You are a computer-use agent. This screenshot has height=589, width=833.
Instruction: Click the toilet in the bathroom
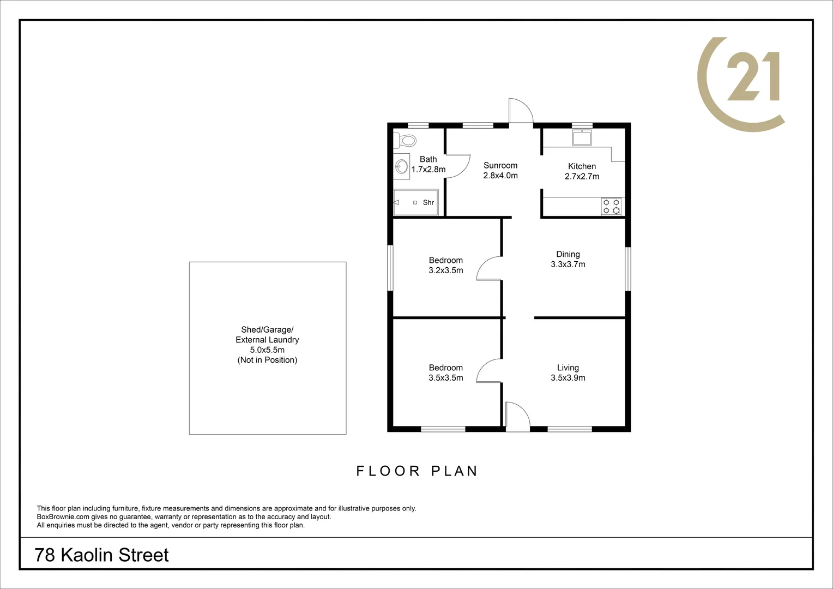pyautogui.click(x=405, y=140)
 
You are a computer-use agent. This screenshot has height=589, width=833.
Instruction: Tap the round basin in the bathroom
pyautogui.click(x=402, y=166)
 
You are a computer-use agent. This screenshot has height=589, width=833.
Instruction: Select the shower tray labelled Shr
pyautogui.click(x=415, y=202)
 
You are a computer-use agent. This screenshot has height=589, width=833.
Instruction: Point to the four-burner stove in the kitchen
pyautogui.click(x=611, y=206)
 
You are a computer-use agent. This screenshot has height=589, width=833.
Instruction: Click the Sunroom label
pyautogui.click(x=500, y=165)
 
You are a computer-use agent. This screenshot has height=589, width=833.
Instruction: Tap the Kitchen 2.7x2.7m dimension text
pyautogui.click(x=582, y=177)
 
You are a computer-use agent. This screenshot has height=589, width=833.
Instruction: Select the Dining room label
pyautogui.click(x=568, y=254)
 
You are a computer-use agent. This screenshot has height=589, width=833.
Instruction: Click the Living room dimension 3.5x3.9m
pyautogui.click(x=568, y=378)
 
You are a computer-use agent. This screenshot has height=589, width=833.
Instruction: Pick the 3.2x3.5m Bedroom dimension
pyautogui.click(x=446, y=271)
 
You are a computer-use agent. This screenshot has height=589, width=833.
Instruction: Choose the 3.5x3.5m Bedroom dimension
pyautogui.click(x=446, y=378)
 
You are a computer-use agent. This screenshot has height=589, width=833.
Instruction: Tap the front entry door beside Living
pyautogui.click(x=517, y=417)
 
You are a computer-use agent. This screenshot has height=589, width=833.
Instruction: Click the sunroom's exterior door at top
pyautogui.click(x=521, y=111)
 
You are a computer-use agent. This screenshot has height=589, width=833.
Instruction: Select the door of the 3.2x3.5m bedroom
pyautogui.click(x=488, y=269)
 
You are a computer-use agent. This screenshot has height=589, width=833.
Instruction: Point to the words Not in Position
pyautogui.click(x=267, y=360)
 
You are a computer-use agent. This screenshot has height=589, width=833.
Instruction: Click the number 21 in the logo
pyautogui.click(x=753, y=77)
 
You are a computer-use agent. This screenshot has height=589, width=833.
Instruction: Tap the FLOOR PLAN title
pyautogui.click(x=417, y=471)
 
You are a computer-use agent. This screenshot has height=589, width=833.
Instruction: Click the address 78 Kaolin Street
pyautogui.click(x=102, y=555)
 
